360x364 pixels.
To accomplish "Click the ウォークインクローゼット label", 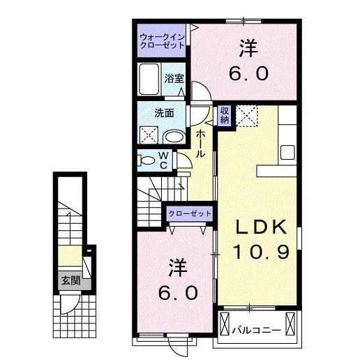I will pos(162,40).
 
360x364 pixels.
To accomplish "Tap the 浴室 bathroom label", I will pos(174,79).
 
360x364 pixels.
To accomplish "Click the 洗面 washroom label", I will pos(165,112).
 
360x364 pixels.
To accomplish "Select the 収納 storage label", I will pos(225,116).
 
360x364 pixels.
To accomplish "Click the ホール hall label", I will pos(200,142).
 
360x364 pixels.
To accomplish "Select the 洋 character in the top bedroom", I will pos(248,48).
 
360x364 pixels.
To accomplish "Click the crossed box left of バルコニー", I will pos(225,326).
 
